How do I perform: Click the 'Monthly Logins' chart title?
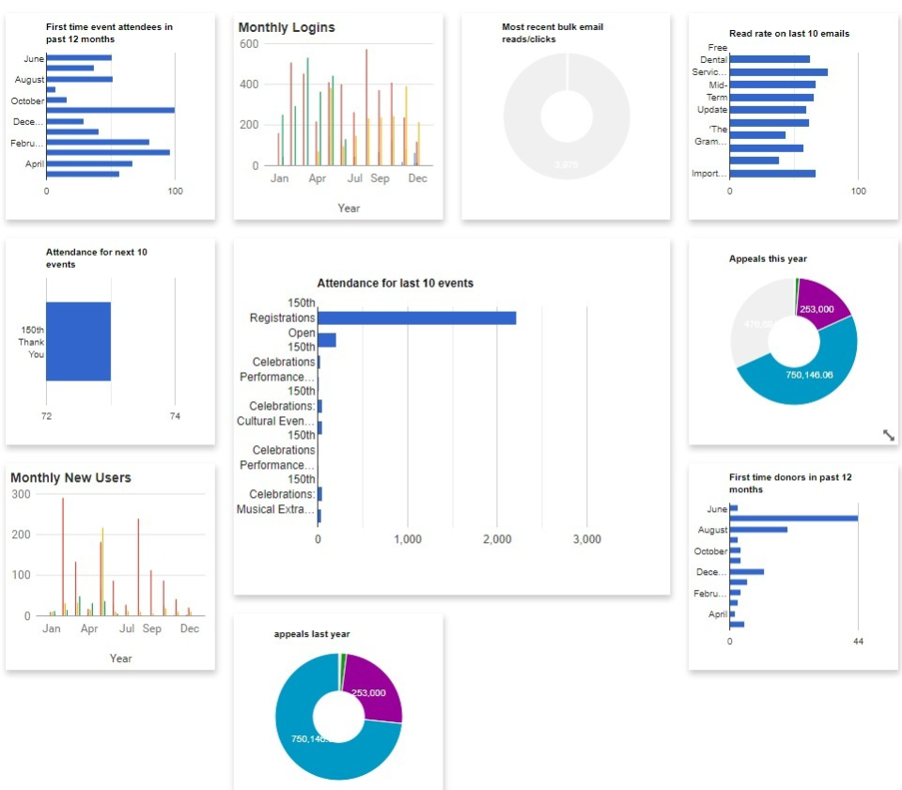click(x=287, y=28)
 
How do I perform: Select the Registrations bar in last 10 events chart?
click(x=416, y=318)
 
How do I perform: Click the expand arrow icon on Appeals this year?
click(x=889, y=434)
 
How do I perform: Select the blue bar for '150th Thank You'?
click(x=78, y=342)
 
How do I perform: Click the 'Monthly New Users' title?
click(x=70, y=478)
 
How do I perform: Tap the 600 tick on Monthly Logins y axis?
click(x=249, y=44)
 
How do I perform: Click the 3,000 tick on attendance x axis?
click(x=586, y=539)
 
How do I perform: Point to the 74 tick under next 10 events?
click(x=175, y=415)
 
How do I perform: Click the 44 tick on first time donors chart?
click(x=858, y=641)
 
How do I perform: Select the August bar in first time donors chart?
click(x=758, y=530)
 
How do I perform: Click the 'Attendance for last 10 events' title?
click(x=395, y=283)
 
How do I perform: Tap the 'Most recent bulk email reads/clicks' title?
click(x=552, y=33)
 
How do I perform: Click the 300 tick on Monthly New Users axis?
click(x=21, y=494)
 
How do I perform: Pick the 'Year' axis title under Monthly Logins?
click(x=349, y=208)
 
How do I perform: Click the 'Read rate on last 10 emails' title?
click(x=789, y=34)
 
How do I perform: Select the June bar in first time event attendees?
click(x=79, y=58)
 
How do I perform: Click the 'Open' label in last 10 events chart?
click(x=302, y=333)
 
